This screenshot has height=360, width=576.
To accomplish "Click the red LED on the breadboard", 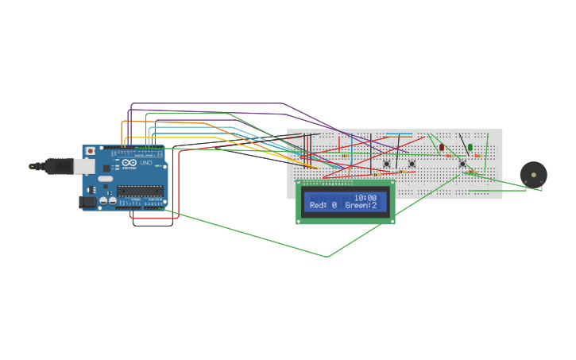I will tap(442, 147).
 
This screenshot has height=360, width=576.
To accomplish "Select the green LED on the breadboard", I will tap(470, 147).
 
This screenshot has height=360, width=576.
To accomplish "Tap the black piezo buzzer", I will tap(533, 175).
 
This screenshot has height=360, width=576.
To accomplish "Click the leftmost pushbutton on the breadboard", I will tap(387, 164).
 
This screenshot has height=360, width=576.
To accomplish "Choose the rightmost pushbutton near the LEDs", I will tap(462, 164).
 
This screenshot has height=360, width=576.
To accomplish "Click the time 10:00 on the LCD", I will tap(365, 197).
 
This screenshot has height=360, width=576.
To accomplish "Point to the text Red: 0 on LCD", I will tap(323, 205).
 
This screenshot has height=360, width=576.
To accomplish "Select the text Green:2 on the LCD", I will tap(361, 205).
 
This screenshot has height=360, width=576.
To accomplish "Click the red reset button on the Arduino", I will tap(90, 151).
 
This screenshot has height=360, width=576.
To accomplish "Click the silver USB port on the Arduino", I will tap(84, 166).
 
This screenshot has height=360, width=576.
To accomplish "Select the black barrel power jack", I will tap(87, 202).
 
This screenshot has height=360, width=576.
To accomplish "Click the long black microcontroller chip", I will tap(141, 191).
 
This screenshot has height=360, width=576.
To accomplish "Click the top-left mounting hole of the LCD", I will tap(300, 184).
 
